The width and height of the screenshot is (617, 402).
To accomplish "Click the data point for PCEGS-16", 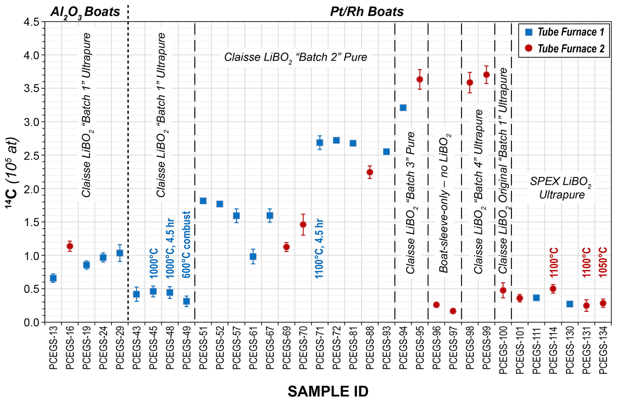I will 70,246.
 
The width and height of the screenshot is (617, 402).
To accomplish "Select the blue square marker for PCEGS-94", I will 403,108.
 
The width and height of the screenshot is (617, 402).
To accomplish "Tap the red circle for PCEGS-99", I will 486,74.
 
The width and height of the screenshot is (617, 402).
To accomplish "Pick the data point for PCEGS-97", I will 453,311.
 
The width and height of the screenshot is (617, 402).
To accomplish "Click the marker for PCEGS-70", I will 303,224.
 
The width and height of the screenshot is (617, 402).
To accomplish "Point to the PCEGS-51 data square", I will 203,201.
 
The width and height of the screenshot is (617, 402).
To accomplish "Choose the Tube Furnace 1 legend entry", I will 564,32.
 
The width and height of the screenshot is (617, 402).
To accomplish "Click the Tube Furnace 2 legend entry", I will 564,48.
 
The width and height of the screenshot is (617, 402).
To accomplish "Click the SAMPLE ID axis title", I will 328,391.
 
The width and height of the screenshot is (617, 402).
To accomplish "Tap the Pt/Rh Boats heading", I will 367,12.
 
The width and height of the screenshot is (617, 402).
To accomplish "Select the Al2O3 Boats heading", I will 85,12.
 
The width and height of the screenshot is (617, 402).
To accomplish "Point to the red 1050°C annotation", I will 603,262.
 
